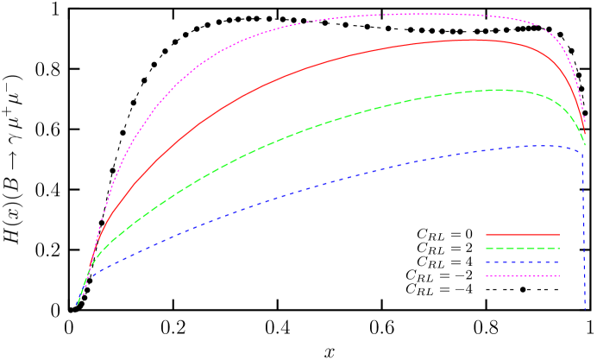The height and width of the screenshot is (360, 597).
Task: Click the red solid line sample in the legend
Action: [x=523, y=235]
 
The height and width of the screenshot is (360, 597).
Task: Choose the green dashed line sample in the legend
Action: [x=523, y=249]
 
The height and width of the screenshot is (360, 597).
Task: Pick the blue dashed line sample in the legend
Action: [x=523, y=262]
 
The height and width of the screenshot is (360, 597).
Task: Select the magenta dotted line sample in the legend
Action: [x=523, y=276]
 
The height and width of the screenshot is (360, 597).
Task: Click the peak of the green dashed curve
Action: [x=499, y=90]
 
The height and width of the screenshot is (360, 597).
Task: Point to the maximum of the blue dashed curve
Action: [x=544, y=145]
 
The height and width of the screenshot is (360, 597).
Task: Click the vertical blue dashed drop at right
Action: [x=585, y=224]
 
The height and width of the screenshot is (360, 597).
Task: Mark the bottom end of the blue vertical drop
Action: [x=585, y=309]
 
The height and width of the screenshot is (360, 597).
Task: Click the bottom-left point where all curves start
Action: [x=78, y=304]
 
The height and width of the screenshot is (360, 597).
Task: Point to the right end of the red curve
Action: [x=585, y=135]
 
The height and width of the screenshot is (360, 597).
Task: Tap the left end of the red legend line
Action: [x=487, y=235]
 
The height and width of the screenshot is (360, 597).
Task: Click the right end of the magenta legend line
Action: [x=560, y=276]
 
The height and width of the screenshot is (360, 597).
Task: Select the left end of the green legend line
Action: [x=487, y=249]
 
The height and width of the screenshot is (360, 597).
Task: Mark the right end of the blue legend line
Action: [x=560, y=262]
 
